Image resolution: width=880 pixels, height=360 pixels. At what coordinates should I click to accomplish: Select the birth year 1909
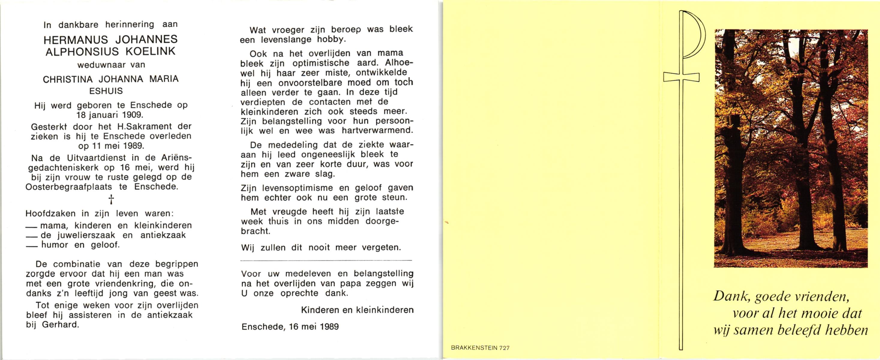(x=132, y=115)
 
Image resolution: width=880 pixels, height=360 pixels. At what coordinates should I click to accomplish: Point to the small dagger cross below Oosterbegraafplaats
(x=111, y=199)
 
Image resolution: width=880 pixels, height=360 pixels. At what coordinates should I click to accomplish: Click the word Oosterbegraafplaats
(x=69, y=187)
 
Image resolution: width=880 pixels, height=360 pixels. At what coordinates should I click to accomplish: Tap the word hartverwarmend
(x=377, y=131)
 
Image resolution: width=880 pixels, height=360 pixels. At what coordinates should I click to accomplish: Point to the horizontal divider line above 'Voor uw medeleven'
(x=326, y=261)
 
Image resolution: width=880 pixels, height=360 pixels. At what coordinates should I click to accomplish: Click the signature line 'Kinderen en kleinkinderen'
(x=357, y=310)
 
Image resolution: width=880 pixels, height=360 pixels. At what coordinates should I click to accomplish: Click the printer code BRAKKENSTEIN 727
(x=480, y=348)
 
